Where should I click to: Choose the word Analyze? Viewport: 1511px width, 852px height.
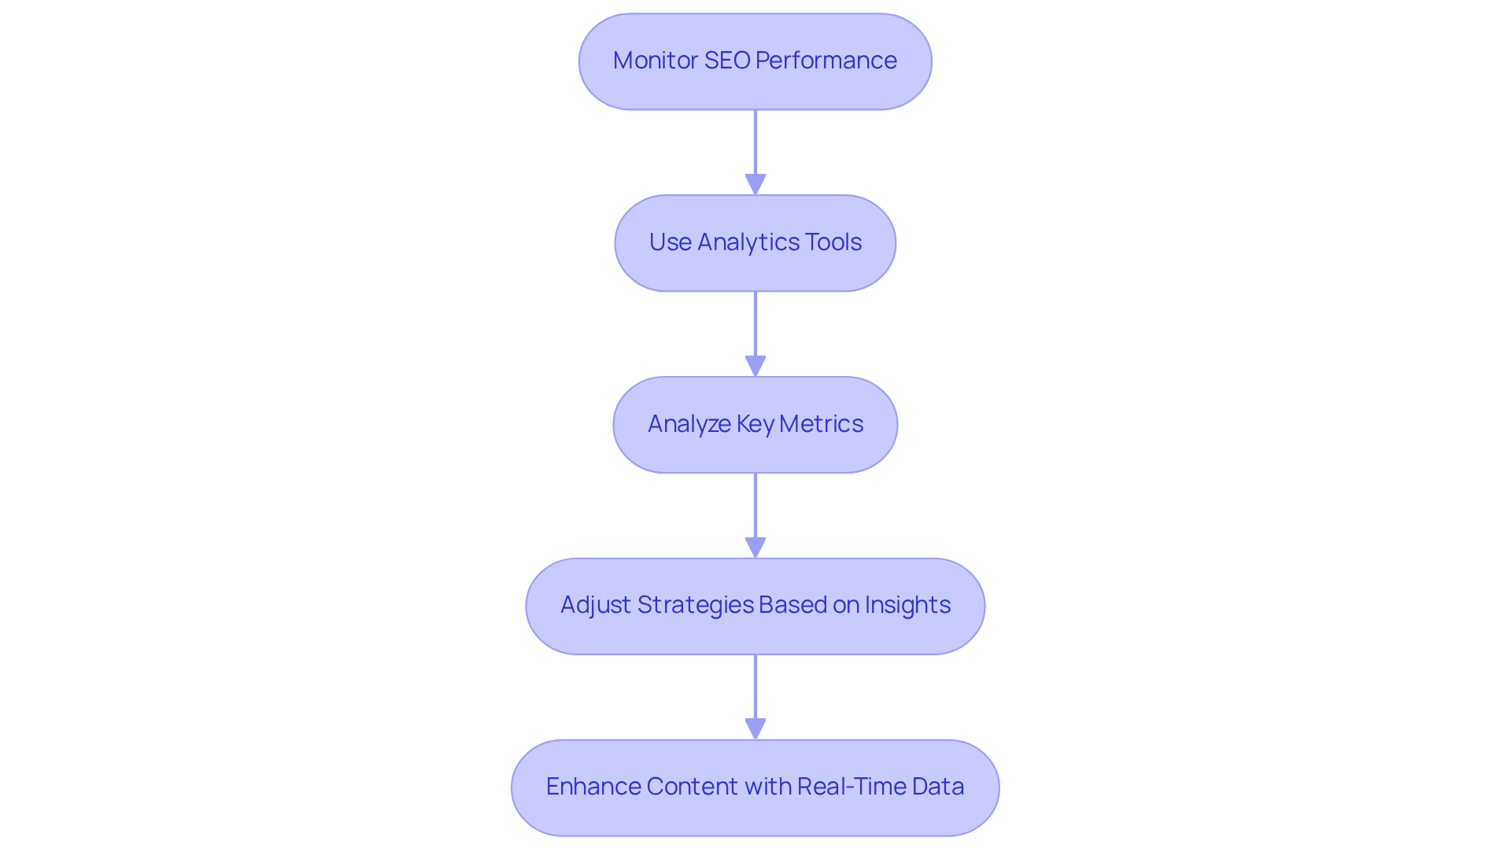[x=689, y=424]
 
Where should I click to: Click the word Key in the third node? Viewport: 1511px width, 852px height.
[x=755, y=424]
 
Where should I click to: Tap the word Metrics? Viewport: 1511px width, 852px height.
[x=821, y=424]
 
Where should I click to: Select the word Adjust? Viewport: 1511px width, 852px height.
[x=595, y=605]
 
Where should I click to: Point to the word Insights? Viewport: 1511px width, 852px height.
[x=907, y=605]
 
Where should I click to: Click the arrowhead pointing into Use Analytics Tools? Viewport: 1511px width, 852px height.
[x=755, y=185]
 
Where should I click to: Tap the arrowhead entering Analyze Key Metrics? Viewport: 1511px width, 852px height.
[x=755, y=367]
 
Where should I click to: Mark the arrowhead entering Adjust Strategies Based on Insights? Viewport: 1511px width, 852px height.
[x=755, y=548]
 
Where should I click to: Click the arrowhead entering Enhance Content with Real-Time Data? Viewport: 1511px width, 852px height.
[x=755, y=729]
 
